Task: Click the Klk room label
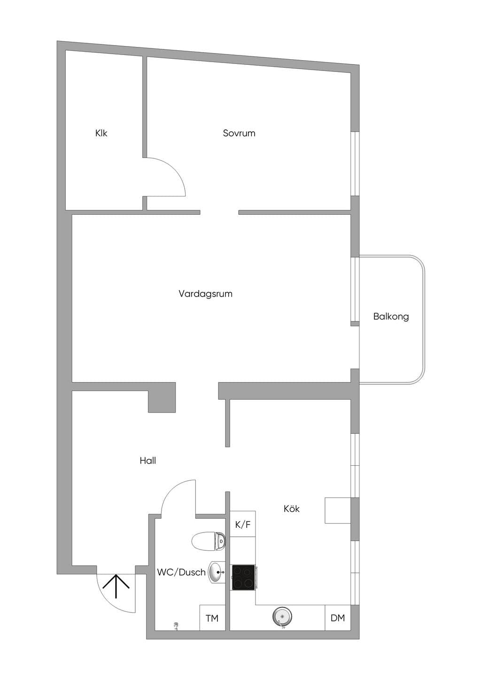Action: point(101,133)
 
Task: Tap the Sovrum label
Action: point(239,133)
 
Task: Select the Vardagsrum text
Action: point(205,294)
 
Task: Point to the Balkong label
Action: point(391,316)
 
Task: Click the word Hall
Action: point(148,461)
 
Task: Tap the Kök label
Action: point(292,509)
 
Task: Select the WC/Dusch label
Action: point(181,572)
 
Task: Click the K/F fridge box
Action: point(242,524)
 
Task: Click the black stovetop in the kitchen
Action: point(243,577)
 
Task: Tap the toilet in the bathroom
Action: point(209,541)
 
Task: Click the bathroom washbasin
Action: point(217,572)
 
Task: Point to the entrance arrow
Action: point(116,586)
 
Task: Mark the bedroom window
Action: point(355,164)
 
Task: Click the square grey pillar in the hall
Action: point(162,397)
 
